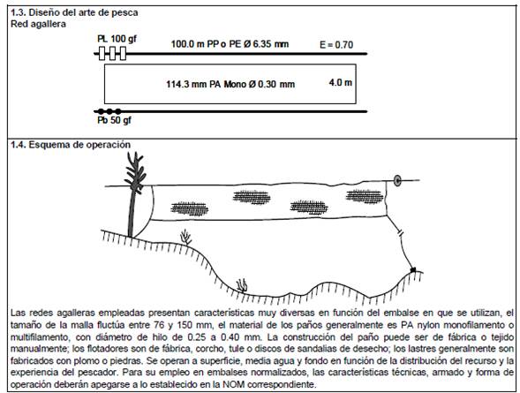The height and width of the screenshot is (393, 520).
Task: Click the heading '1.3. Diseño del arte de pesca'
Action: [x=74, y=12]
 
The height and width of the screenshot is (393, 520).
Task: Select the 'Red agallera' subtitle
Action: [x=38, y=24]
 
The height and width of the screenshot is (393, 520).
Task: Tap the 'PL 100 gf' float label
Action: [x=117, y=39]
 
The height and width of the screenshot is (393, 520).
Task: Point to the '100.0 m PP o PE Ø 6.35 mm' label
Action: [x=230, y=44]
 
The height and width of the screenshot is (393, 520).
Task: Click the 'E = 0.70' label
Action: [x=336, y=45]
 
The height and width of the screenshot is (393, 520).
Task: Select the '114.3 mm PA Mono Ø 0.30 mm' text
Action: [x=230, y=84]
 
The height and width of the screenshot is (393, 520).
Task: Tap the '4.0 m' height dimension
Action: [x=340, y=82]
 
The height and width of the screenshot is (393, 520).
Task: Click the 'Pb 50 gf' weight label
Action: [x=114, y=120]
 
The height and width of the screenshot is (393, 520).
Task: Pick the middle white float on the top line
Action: [x=112, y=53]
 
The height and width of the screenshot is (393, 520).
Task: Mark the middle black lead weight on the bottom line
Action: [x=109, y=111]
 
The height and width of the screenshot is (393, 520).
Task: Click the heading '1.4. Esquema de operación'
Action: [x=71, y=145]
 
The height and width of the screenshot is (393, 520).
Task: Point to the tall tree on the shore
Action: [x=134, y=193]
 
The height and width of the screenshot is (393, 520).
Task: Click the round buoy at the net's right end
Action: [x=397, y=180]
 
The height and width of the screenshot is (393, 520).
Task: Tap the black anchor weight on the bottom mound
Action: [x=413, y=270]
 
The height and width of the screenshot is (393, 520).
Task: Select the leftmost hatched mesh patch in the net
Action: [x=189, y=209]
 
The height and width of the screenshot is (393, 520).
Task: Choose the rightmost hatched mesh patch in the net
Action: [x=365, y=196]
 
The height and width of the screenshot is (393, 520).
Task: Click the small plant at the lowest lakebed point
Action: [x=242, y=286]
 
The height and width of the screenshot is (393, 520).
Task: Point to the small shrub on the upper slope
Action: [x=186, y=238]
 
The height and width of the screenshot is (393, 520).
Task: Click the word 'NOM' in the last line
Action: [x=234, y=384]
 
